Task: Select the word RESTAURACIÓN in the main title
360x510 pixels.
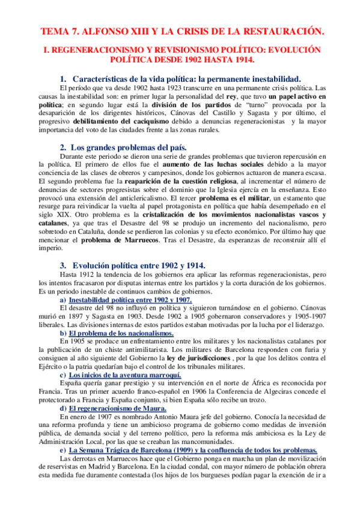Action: [x=281, y=31]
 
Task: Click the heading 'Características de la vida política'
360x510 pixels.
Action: [x=141, y=79]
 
